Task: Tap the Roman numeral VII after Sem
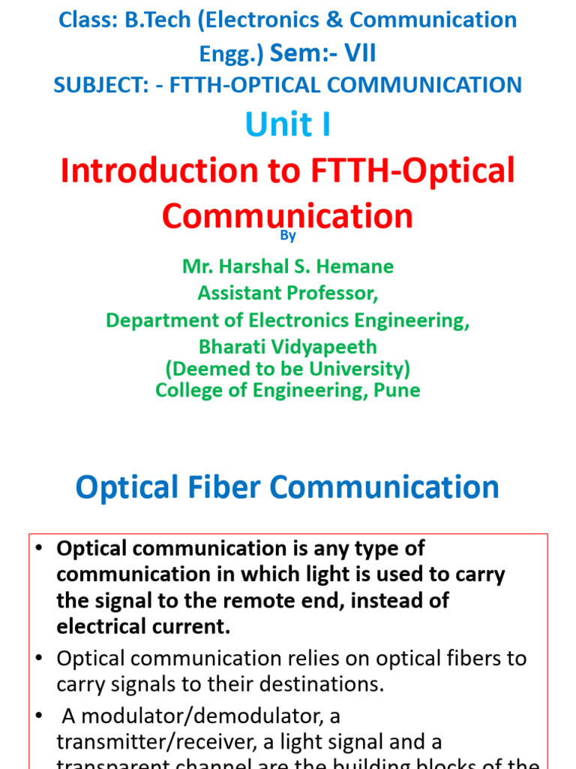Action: (x=355, y=53)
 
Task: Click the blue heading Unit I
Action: (x=287, y=125)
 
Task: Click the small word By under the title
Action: (x=288, y=236)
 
